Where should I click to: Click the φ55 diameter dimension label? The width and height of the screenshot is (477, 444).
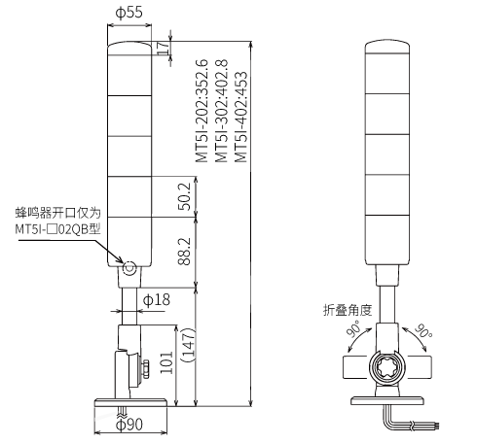click(x=129, y=13)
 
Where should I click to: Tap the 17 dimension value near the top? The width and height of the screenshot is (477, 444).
click(x=165, y=48)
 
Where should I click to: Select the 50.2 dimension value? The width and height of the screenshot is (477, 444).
click(x=185, y=196)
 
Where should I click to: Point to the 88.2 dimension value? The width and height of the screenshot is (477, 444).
click(x=185, y=252)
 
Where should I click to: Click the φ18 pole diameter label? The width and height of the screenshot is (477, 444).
click(x=157, y=300)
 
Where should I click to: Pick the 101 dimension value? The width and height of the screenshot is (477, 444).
click(x=166, y=362)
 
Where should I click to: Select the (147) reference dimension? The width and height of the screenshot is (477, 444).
click(x=188, y=345)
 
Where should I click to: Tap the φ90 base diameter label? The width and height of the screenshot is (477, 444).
click(x=129, y=425)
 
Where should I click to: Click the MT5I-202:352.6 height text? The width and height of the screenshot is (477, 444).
click(x=202, y=111)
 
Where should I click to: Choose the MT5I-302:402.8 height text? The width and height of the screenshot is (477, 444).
click(x=221, y=111)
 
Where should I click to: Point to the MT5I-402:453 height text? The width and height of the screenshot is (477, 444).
click(x=240, y=117)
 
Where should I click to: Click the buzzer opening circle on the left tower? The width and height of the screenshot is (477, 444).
click(x=129, y=268)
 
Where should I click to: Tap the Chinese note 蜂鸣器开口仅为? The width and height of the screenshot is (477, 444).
click(x=58, y=213)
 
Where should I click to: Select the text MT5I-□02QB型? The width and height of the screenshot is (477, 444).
click(x=57, y=229)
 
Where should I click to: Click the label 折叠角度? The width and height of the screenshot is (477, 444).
click(x=348, y=310)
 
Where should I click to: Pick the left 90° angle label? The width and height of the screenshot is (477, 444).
click(x=353, y=328)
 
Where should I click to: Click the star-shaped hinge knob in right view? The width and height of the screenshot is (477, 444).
click(x=387, y=367)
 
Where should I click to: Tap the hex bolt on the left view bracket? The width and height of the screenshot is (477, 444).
click(x=145, y=369)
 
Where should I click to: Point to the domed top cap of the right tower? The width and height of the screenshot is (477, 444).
click(x=387, y=47)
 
